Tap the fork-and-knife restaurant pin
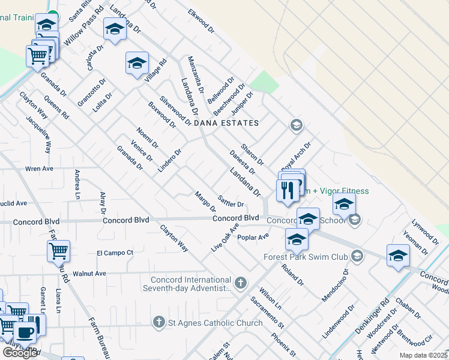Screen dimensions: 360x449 (x=286, y=190)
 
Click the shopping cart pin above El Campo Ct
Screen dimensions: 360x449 (x=58, y=251)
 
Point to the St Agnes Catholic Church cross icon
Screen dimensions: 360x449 (x=159, y=323)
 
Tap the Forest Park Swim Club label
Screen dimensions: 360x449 (x=306, y=257)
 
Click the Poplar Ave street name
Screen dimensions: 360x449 (x=253, y=238)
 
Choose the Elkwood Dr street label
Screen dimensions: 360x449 (x=200, y=20)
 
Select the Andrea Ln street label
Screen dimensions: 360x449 (x=77, y=184)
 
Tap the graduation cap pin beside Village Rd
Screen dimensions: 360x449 (x=137, y=62)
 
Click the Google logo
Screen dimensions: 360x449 (x=20, y=353)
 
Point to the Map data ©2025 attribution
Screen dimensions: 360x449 (x=423, y=355)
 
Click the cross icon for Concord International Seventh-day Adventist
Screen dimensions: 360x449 (x=241, y=282)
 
